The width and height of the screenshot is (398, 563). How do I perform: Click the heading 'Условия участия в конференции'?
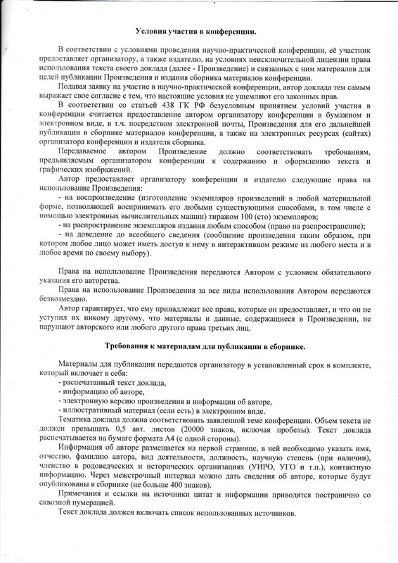point(195,32)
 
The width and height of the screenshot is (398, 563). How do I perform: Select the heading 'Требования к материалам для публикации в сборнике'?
point(204,346)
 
